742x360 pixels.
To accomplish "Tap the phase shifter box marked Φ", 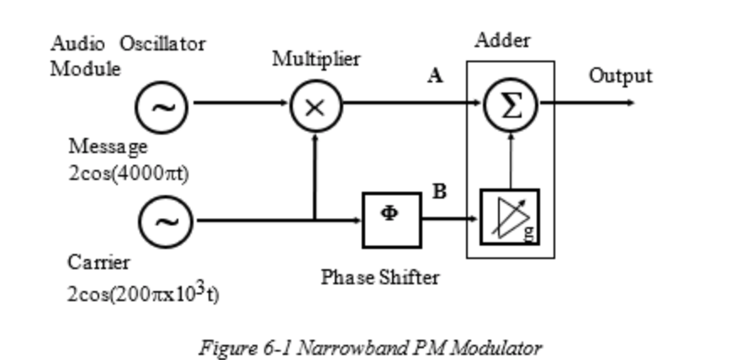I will pyautogui.click(x=391, y=220).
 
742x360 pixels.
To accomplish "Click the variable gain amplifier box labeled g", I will pyautogui.click(x=509, y=217).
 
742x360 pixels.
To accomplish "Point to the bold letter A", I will pyautogui.click(x=435, y=77).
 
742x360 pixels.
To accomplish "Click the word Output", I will pyautogui.click(x=620, y=76).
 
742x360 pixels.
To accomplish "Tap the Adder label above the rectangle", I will pyautogui.click(x=503, y=40).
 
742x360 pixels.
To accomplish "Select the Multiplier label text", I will pyautogui.click(x=316, y=60).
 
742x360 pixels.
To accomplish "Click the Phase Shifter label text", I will pyautogui.click(x=379, y=277).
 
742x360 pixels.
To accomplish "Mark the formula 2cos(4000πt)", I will pyautogui.click(x=129, y=174).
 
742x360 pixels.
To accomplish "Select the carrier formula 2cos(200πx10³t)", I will pyautogui.click(x=143, y=294).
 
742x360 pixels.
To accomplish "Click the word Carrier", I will pyautogui.click(x=98, y=262).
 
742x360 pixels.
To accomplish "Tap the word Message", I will pyautogui.click(x=108, y=146).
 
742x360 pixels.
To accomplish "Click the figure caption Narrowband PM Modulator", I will pyautogui.click(x=370, y=347).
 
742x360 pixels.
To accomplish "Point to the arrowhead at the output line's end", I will pyautogui.click(x=630, y=104).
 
